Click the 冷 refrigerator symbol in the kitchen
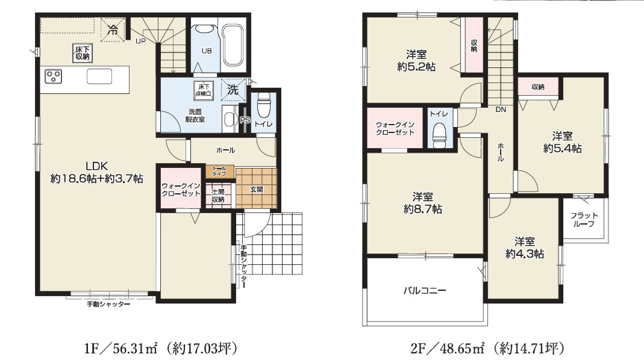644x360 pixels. [112, 28]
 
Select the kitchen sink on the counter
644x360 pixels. [99, 76]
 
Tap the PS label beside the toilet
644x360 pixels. [245, 120]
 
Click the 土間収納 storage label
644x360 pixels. [217, 195]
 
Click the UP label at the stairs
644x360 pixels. [140, 41]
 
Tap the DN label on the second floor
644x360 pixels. [500, 110]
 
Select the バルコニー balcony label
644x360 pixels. [424, 290]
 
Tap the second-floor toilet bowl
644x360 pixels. [440, 134]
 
